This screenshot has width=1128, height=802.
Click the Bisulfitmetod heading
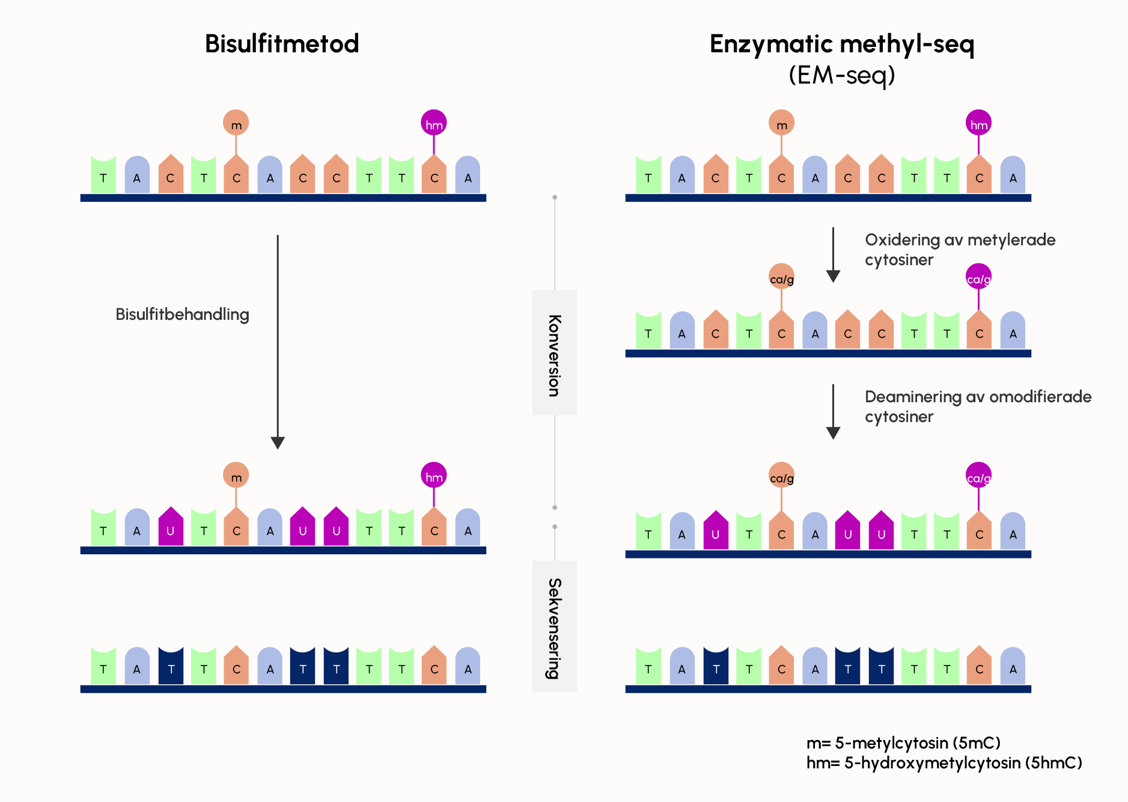click(x=282, y=44)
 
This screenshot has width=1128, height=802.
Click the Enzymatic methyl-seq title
click(x=841, y=44)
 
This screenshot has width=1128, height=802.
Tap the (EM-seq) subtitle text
click(x=841, y=75)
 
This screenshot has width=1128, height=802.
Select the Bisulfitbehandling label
click(x=182, y=314)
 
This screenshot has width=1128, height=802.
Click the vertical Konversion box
click(x=554, y=353)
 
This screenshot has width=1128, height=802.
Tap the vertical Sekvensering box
click(x=554, y=626)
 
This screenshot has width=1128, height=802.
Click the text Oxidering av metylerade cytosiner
click(x=959, y=249)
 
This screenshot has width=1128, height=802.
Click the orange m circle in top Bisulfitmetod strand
click(x=236, y=123)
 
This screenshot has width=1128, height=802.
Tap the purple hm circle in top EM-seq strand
click(x=978, y=123)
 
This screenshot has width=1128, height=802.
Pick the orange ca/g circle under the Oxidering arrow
click(x=781, y=278)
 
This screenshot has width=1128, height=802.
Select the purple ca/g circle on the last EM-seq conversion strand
click(x=978, y=476)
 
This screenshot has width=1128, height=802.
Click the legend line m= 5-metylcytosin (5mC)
click(x=903, y=743)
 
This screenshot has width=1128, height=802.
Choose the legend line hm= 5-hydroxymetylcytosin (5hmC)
click(x=944, y=763)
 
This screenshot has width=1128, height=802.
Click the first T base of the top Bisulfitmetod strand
click(x=103, y=176)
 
